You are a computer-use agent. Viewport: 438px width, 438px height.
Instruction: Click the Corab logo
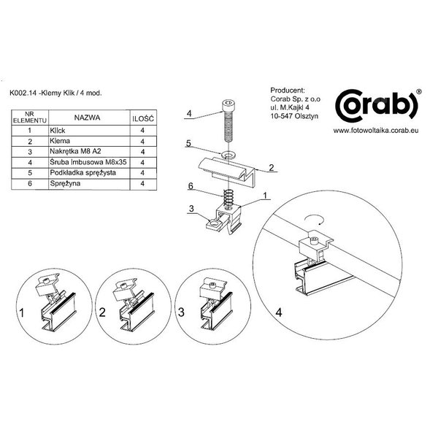(x=377, y=106)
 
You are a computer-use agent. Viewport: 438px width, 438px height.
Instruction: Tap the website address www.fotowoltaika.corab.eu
(x=376, y=131)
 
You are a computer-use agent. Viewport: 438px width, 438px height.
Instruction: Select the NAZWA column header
(x=87, y=118)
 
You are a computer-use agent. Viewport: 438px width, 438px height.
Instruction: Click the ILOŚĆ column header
(x=143, y=119)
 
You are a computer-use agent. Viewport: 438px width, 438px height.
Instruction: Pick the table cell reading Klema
(x=60, y=141)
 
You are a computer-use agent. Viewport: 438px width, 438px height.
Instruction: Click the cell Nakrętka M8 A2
(x=75, y=151)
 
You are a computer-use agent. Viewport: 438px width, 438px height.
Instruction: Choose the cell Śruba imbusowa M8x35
(x=88, y=162)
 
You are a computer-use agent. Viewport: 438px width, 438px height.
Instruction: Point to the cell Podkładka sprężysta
(x=82, y=172)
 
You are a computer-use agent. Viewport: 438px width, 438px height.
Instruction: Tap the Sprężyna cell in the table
(x=65, y=183)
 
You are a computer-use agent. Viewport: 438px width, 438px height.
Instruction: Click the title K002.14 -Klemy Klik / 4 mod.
(x=55, y=93)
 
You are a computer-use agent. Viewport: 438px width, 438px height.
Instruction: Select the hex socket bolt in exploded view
(x=228, y=120)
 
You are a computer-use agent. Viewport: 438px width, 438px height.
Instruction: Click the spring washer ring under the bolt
(x=229, y=154)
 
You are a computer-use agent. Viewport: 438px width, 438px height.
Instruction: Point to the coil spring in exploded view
(x=228, y=198)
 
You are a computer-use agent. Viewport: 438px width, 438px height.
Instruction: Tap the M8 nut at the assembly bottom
(x=214, y=225)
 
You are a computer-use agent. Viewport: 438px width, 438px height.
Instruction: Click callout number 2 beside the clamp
(x=272, y=168)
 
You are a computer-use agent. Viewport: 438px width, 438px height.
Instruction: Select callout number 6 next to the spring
(x=191, y=186)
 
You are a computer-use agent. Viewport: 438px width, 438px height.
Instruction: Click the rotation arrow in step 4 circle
(x=315, y=219)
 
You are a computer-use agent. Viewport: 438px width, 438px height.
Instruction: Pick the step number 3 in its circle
(x=181, y=312)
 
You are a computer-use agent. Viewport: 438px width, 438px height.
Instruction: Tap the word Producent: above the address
(x=288, y=91)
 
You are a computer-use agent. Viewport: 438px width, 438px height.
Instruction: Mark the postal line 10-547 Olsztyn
(x=294, y=116)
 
